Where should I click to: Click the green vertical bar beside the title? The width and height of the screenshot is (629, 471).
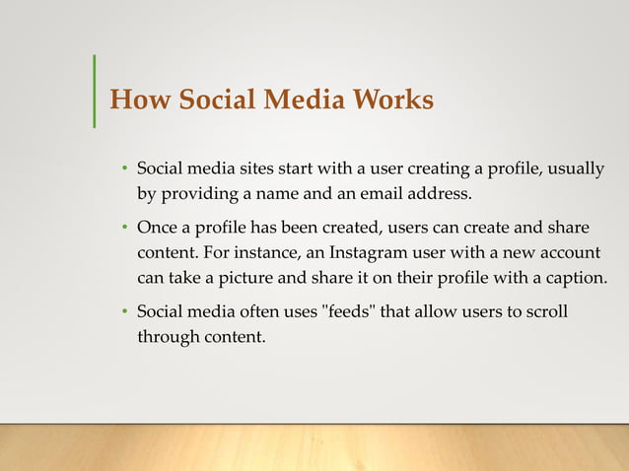[94, 91]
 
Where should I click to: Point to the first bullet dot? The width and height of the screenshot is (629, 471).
[125, 168]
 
